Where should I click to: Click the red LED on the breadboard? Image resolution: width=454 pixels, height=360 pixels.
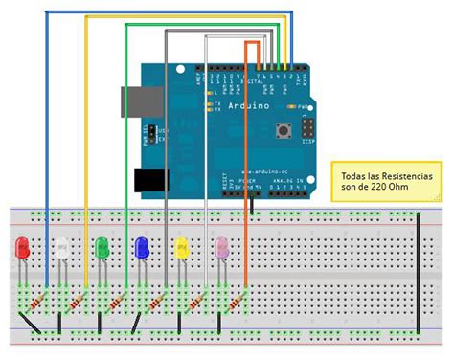pos(21,251)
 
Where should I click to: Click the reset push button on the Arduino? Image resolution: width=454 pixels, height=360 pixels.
pos(284,129)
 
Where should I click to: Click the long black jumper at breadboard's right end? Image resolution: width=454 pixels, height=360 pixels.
pos(419,271)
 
